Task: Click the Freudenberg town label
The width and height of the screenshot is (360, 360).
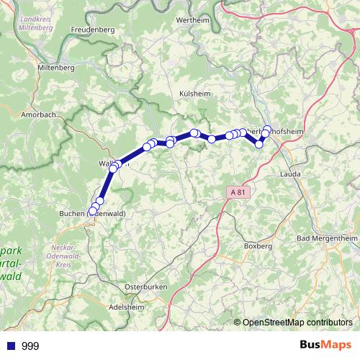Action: (93, 30)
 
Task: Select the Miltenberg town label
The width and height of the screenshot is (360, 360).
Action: (55, 67)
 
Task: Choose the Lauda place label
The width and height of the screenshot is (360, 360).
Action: (290, 174)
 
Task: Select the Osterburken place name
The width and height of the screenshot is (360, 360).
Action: (145, 287)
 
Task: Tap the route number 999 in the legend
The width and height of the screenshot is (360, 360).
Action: (30, 346)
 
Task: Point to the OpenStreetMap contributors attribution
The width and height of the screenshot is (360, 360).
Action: (297, 323)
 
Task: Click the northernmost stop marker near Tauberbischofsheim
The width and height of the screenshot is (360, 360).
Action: (267, 130)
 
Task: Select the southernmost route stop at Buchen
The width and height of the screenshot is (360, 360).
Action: (91, 212)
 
